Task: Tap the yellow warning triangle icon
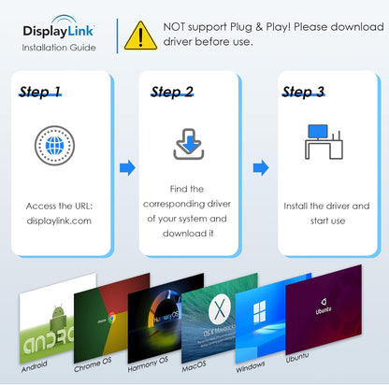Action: click(x=140, y=36)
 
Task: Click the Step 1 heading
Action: click(x=40, y=92)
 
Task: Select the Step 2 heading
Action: click(x=172, y=92)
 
